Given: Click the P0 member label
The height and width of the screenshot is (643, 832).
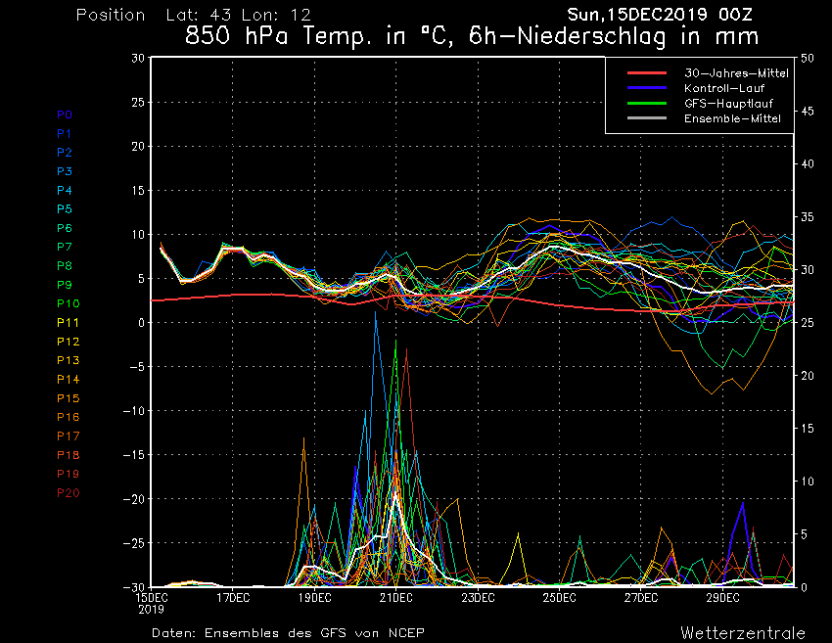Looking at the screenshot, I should tap(65, 115).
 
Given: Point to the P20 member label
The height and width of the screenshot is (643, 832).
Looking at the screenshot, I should tap(69, 492).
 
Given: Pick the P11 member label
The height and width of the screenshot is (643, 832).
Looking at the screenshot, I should tap(69, 322).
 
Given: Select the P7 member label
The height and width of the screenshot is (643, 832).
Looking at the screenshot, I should tap(65, 247).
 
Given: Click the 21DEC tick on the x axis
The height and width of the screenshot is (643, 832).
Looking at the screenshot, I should tap(396, 597).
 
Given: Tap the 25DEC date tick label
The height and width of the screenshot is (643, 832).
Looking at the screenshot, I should tap(559, 597).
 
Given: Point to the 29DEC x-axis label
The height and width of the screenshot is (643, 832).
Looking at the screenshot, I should tap(721, 597).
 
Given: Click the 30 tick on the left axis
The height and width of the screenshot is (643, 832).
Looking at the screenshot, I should tap(138, 59).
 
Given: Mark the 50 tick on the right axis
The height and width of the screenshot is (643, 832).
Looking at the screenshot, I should tap(808, 59).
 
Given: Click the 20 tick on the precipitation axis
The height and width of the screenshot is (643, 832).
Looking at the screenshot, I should tap(808, 376).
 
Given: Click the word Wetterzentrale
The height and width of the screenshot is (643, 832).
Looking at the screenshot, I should tap(742, 632).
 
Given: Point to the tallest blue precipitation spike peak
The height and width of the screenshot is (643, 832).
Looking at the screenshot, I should tap(375, 313).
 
